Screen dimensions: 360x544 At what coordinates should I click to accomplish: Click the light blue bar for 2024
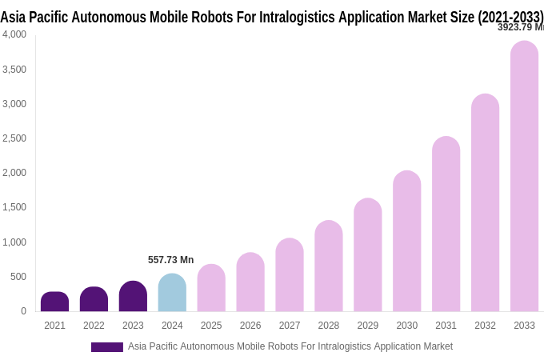coord(172,293)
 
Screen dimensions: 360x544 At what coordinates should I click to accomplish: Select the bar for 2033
coord(524,176)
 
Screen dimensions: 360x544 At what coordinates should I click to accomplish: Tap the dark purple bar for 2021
coord(54,302)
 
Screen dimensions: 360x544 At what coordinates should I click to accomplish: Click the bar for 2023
coord(133,296)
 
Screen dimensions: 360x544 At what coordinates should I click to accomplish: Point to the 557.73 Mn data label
coord(170,260)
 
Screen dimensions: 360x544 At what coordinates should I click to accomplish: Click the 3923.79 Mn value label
coord(520,27)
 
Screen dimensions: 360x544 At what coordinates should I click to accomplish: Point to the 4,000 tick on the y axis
coord(14,34)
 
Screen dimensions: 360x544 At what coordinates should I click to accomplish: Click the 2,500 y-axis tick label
coord(14,138)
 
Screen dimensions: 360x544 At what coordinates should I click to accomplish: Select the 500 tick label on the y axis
coord(18,277)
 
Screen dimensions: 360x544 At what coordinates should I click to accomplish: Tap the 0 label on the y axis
coord(23,311)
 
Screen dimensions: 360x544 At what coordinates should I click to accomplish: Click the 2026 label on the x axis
coord(250,326)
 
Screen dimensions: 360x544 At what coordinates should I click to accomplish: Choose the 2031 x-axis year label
coord(446,326)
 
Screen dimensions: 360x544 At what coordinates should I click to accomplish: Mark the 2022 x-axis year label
coord(94,326)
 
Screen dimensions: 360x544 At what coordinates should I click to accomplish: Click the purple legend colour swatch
coord(106,347)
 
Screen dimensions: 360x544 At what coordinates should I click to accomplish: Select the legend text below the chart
coord(290,346)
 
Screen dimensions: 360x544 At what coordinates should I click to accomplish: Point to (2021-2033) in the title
coord(510,17)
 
